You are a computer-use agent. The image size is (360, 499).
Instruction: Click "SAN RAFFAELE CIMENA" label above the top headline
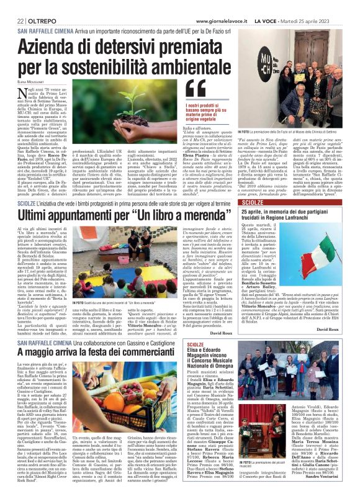click(x=47, y=30)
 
